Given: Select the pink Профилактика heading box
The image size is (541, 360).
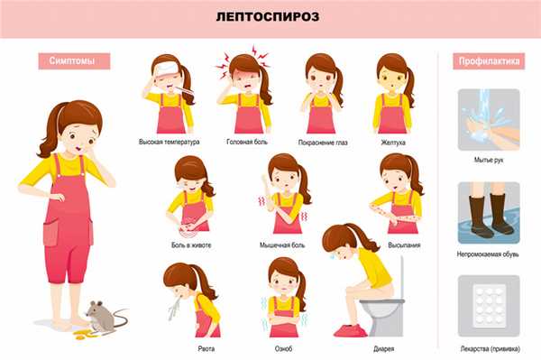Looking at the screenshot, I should [x=488, y=61].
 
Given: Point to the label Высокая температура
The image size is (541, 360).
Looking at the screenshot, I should [x=170, y=143].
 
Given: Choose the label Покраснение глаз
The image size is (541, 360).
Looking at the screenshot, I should [x=323, y=143].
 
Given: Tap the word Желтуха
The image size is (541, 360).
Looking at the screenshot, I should [x=393, y=143].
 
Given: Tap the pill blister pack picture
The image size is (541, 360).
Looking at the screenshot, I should [x=488, y=306].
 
